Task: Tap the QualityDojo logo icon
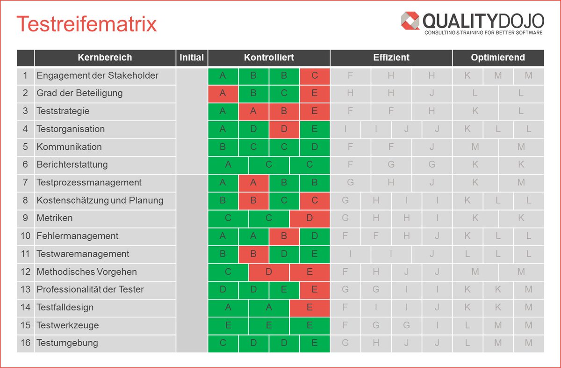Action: [410, 21]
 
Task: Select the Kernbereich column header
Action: [105, 58]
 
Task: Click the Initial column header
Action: [192, 58]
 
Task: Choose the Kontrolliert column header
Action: [269, 58]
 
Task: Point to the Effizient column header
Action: [391, 58]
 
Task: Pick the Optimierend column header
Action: [498, 58]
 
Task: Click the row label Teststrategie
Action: [63, 111]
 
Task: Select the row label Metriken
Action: [55, 218]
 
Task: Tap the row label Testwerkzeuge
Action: [68, 325]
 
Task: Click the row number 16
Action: [25, 343]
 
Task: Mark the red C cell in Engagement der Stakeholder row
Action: [315, 75]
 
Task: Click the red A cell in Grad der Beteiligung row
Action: [223, 93]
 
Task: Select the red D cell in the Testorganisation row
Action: [284, 129]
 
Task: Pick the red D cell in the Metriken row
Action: [309, 218]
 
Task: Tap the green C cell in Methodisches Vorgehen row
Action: [228, 272]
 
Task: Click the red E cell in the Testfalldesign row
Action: [309, 307]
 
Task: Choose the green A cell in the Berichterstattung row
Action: [228, 164]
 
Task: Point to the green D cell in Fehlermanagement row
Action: [315, 236]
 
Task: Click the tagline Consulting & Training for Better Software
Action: [483, 33]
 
